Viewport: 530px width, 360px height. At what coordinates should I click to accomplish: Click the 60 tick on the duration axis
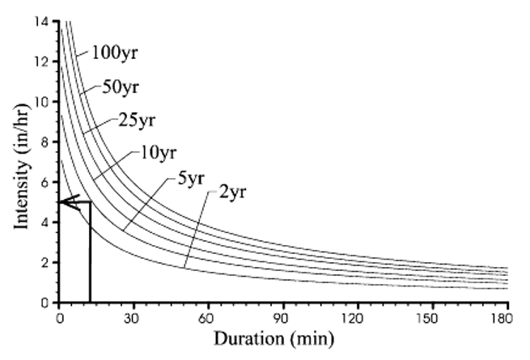click(209, 317)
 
